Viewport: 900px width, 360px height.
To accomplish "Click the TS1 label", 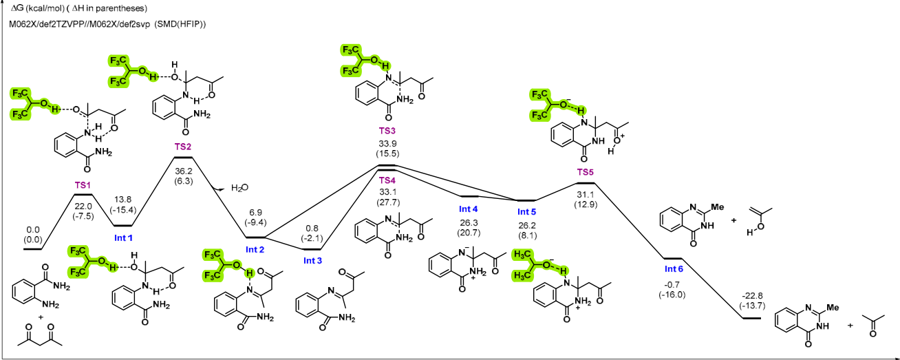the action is pos(83,185).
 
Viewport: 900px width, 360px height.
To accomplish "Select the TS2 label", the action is pos(183,147).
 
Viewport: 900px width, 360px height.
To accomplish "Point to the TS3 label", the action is pos(387,131).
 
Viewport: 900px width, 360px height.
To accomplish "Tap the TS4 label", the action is pos(387,180).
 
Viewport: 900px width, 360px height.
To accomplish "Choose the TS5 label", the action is pos(585,172).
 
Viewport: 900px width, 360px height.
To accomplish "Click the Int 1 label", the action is pos(123,238).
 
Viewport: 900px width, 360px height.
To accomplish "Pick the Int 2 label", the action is pos(255,249).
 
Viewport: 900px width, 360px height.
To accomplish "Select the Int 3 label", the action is pos(312,261).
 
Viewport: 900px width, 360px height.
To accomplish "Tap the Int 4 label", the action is pos(468,209).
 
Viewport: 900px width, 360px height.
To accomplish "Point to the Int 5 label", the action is pos(526,212).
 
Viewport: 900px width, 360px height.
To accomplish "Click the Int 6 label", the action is pos(674,268).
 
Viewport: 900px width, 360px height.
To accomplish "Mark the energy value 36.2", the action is pos(183,171).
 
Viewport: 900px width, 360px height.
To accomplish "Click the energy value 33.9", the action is pos(387,143).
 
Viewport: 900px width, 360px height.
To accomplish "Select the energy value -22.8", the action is pos(752,296).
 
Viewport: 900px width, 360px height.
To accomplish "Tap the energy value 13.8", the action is pos(122,200).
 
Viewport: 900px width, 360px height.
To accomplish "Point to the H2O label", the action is pos(239,188).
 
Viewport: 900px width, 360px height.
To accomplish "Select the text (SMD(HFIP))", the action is pos(180,25).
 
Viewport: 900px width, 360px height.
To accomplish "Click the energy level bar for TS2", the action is pos(183,157).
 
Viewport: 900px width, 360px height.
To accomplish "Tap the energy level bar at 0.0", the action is pos(32,249).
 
